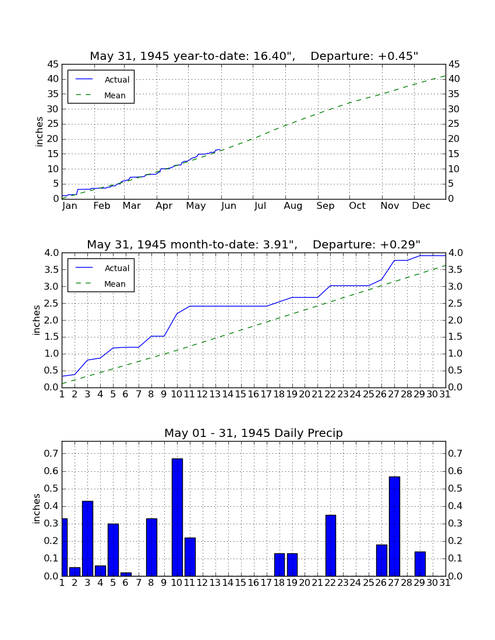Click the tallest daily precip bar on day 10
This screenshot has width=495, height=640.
click(x=177, y=517)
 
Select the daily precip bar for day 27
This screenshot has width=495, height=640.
click(x=394, y=526)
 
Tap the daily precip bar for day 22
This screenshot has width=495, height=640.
click(x=331, y=545)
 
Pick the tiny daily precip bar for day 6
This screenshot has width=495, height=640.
click(x=126, y=574)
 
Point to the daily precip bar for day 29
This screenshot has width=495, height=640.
click(x=420, y=564)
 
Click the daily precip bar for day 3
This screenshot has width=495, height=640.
click(x=88, y=538)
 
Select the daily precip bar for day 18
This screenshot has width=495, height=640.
click(x=280, y=564)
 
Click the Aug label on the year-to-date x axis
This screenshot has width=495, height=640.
click(x=294, y=206)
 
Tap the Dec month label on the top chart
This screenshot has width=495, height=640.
click(x=421, y=206)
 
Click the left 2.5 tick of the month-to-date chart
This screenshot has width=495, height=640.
click(x=51, y=303)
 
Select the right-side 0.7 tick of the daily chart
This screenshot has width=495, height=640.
click(x=455, y=453)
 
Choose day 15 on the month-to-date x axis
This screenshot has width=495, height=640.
click(x=241, y=394)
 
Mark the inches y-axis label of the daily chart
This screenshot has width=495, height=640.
click(x=37, y=509)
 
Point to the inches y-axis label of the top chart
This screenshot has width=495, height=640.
click(x=39, y=131)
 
